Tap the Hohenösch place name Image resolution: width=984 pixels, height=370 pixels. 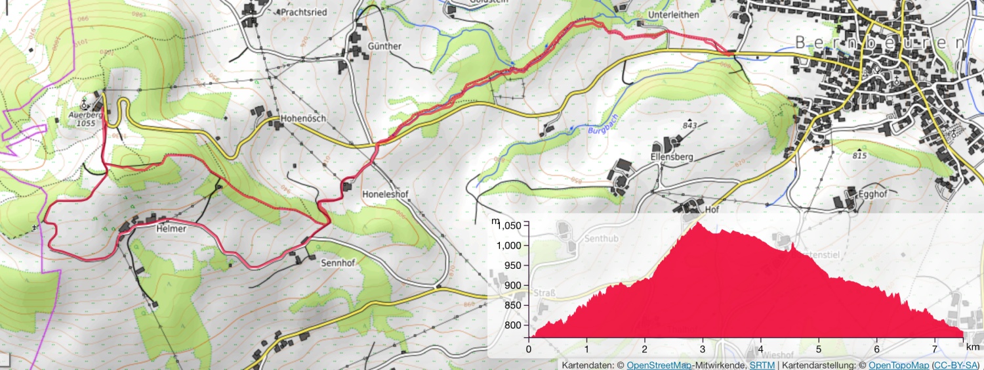pyautogui.click(x=303, y=119)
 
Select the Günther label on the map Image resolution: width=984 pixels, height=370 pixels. pyautogui.click(x=384, y=46)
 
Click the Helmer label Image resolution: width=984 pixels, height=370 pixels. pyautogui.click(x=172, y=229)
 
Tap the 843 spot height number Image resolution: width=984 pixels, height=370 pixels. pyautogui.click(x=689, y=126)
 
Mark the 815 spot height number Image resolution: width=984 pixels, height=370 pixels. pyautogui.click(x=860, y=156)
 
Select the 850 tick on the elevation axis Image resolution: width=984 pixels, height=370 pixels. pyautogui.click(x=513, y=306)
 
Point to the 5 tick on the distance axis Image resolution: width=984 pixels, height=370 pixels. pyautogui.click(x=819, y=348)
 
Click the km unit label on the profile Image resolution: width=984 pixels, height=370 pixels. pyautogui.click(x=973, y=346)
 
